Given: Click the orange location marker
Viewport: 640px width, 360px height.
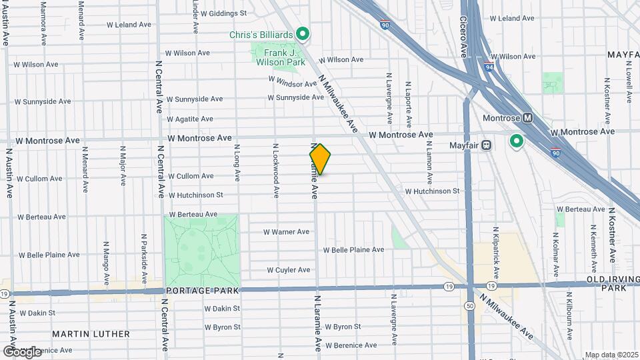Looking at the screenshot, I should click(320, 159).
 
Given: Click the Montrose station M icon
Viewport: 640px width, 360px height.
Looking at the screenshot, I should click(528, 117).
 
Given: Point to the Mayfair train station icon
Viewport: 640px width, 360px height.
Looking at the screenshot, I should click(487, 144).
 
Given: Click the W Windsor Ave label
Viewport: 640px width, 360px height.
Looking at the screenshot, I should click(292, 84).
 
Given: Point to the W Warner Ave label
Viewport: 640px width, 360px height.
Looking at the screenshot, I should click(286, 232).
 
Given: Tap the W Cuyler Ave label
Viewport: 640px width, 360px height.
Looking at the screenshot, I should click(288, 270).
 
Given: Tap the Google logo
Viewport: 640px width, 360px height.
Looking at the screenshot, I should click(22, 351).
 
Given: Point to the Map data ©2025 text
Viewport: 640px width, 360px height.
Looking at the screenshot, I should click(611, 355).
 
